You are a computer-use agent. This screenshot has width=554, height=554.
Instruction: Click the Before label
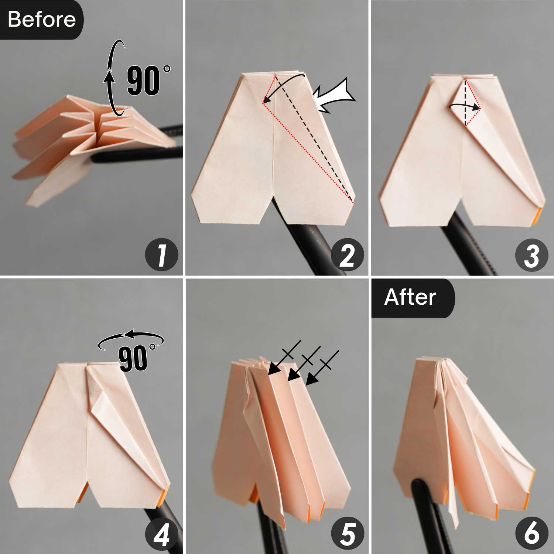click(x=41, y=19)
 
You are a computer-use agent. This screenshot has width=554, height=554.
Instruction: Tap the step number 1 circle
click(x=161, y=255)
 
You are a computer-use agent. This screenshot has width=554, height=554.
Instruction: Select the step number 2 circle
click(x=347, y=255)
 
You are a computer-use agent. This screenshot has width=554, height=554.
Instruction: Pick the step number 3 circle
click(x=532, y=255)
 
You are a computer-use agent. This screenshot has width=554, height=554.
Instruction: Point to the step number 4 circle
click(x=161, y=533)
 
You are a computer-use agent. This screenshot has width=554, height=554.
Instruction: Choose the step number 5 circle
click(x=347, y=533)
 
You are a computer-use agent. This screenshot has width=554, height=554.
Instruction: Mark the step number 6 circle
click(x=532, y=533)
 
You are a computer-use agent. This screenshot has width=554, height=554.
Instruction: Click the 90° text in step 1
click(x=148, y=80)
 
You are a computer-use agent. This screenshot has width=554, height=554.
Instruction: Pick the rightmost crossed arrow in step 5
click(x=322, y=368)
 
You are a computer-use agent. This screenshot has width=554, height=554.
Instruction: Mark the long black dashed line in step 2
click(x=314, y=139)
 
